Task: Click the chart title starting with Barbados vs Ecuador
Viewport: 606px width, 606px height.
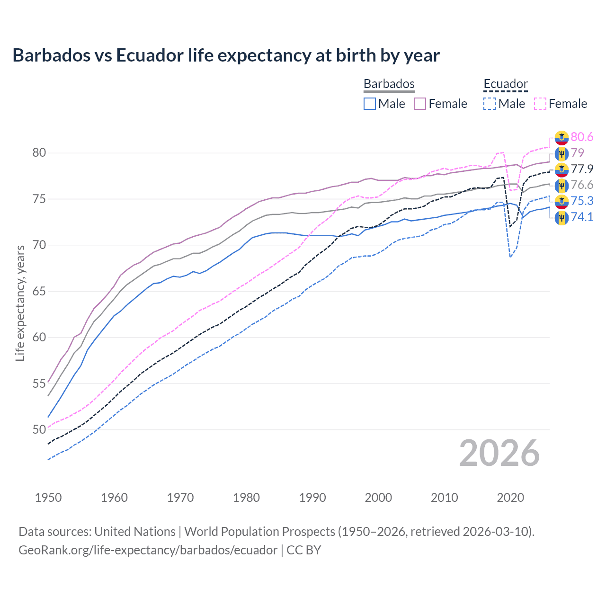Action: (x=226, y=55)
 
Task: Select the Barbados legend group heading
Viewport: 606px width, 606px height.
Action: (x=389, y=84)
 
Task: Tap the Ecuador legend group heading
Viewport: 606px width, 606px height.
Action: (x=505, y=84)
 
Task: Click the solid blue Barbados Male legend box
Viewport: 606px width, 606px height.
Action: (x=370, y=104)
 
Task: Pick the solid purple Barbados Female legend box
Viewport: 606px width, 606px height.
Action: (x=420, y=104)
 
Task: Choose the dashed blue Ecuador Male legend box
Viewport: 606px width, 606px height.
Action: (x=490, y=104)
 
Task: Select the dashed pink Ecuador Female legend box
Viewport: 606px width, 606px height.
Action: (x=540, y=104)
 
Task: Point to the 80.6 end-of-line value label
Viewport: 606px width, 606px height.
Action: (x=582, y=137)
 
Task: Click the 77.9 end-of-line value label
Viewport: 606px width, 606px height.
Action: (x=582, y=169)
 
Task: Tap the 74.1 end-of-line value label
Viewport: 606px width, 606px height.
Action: (x=582, y=217)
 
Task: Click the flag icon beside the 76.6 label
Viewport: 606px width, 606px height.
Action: (x=561, y=185)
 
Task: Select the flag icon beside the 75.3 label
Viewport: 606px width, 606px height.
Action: (x=561, y=201)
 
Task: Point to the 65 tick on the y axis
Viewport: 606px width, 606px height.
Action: (x=39, y=291)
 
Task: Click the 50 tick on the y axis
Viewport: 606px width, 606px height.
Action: (x=39, y=429)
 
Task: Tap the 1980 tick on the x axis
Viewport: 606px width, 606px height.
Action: (x=246, y=498)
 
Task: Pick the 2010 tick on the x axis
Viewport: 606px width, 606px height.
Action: (x=444, y=498)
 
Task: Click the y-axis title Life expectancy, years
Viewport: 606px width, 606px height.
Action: (x=20, y=303)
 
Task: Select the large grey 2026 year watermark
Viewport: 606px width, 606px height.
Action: (x=499, y=453)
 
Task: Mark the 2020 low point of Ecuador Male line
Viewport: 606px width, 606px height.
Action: (x=510, y=257)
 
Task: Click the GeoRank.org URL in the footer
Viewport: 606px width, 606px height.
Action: (x=148, y=550)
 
